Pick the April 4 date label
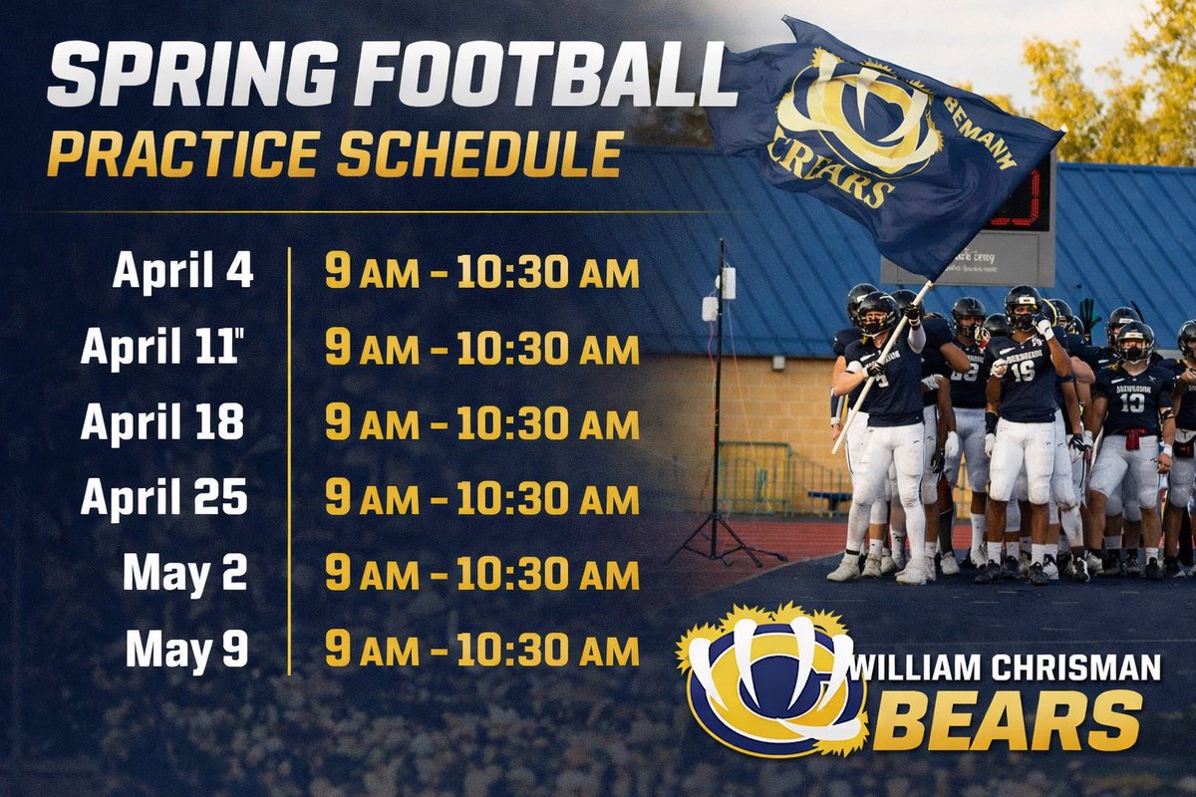coord(182,271)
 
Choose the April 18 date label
coord(162,422)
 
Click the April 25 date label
coord(164,498)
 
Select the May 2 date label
coord(186,574)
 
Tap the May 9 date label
coord(186,650)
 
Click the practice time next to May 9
coord(481,650)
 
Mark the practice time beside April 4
coord(481,272)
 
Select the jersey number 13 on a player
coord(1131,400)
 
